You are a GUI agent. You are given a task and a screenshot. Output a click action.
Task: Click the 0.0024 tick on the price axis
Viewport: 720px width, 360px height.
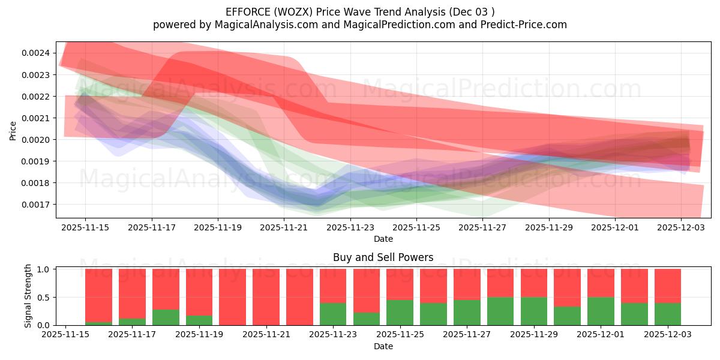[x=36, y=53]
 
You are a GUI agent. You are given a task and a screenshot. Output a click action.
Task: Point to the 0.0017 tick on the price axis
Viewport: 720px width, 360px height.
[x=36, y=205]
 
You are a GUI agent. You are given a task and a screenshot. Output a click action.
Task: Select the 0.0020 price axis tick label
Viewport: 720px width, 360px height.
[x=36, y=140]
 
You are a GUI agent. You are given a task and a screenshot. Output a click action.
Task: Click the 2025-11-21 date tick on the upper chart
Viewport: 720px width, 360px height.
[x=284, y=227]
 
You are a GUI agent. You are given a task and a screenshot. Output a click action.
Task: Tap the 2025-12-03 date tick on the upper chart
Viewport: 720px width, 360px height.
[x=681, y=227]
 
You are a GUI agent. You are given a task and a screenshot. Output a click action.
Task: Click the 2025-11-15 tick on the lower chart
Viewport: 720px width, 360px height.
[x=65, y=335]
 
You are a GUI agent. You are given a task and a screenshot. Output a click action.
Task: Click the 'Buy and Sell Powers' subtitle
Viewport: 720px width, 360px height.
[x=383, y=257]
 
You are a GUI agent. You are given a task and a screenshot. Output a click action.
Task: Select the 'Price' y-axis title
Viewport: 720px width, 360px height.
[x=13, y=130]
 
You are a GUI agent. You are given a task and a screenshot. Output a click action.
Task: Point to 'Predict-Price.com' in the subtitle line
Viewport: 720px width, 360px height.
[x=520, y=25]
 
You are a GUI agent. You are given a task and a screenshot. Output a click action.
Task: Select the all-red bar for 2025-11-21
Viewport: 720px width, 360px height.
[x=299, y=297]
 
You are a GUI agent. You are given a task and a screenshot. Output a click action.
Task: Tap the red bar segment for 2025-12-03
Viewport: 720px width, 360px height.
[x=668, y=286]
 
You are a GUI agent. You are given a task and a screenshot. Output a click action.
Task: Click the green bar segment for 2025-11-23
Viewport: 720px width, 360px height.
[x=333, y=314]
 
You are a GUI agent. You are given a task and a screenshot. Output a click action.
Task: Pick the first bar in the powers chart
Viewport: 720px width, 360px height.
[x=98, y=297]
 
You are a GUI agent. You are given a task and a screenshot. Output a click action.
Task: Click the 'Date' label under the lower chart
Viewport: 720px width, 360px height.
[x=383, y=346]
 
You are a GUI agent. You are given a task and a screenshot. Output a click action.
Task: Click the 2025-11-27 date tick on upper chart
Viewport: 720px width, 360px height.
[x=482, y=227]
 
